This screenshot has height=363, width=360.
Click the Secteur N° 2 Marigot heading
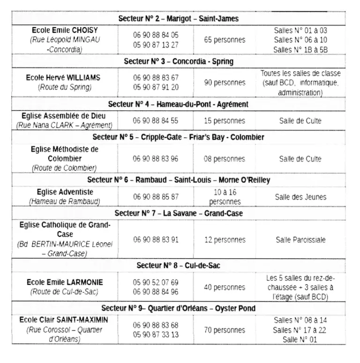tap(179, 19)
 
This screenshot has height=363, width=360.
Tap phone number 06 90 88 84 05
tap(156, 35)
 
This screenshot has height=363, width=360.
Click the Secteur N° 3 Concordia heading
tap(179, 61)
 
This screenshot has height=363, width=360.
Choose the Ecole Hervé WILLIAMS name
tap(63, 77)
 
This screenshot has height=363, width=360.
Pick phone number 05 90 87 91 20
tap(156, 87)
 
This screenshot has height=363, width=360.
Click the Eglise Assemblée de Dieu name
tap(64, 116)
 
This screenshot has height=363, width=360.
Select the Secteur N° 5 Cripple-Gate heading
tap(179, 137)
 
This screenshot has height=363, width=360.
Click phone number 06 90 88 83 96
tap(156, 159)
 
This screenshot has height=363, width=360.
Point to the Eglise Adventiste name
tap(65, 192)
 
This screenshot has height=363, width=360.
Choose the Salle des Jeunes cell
tap(300, 197)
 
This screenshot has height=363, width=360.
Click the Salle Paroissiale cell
tap(300, 240)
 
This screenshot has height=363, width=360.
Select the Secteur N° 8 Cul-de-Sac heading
tap(179, 265)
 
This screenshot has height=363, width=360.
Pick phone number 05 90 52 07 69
tap(156, 282)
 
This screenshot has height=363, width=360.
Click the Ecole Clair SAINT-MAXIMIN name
tap(64, 320)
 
